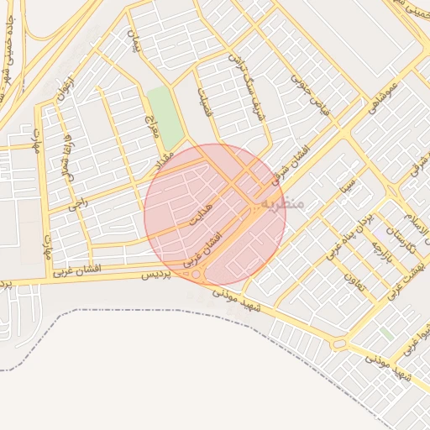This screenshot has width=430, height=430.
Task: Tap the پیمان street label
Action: point(132,40)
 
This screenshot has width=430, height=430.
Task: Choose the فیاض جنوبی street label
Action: point(307,95)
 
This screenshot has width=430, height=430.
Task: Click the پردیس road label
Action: point(155,275)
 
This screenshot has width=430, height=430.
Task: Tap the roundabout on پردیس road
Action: point(197,275)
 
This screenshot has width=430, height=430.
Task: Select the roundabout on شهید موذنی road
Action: point(339,343)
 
